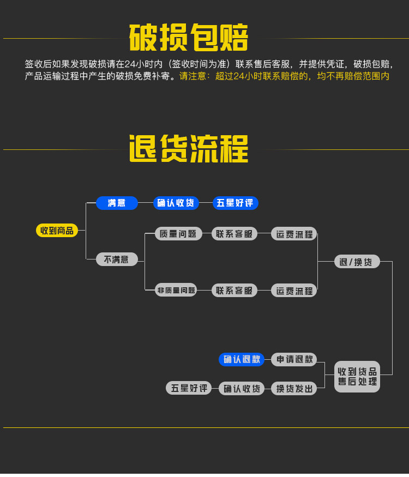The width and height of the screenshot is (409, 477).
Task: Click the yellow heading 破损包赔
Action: pos(189,38)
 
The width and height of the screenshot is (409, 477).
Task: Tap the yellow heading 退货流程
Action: pos(189,149)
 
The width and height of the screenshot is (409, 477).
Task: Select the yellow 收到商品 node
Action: pos(57,231)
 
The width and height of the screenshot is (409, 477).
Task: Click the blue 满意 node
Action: pos(117,203)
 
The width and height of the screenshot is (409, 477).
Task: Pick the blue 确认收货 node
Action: pos(176,203)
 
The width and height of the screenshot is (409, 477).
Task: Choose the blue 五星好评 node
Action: pos(235,203)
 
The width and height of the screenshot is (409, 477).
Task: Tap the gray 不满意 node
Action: pos(117,259)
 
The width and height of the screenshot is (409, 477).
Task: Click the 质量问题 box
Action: pos(176,234)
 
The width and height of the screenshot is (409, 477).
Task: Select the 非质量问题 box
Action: pos(176,290)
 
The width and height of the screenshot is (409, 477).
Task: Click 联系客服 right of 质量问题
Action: pos(234,234)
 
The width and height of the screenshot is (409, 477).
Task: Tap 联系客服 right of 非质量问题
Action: pos(234,290)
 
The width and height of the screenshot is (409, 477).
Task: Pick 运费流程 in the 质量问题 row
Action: pos(294,234)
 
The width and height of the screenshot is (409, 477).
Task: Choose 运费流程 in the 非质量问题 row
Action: pos(294,290)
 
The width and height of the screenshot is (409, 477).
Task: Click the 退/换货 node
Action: pos(357,262)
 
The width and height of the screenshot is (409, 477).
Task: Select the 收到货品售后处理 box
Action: pos(357,376)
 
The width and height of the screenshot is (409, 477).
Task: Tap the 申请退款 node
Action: pos(294,359)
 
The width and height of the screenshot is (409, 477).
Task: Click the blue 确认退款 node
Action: pos(242,359)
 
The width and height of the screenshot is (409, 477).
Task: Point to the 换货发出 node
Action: pos(294,388)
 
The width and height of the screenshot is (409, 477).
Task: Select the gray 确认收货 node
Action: pos(242,388)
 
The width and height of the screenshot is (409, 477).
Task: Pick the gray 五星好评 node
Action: pos(189,388)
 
